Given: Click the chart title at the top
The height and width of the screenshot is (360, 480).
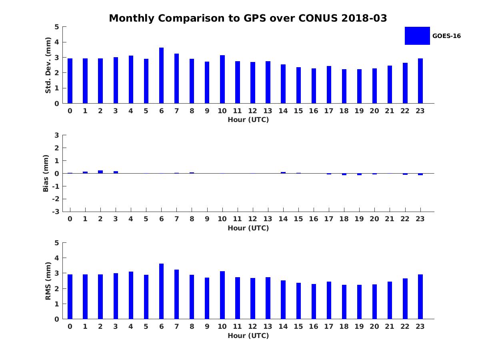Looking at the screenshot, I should pos(248,18).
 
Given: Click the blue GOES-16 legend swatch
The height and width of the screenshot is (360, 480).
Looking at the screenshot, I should pos(417,36).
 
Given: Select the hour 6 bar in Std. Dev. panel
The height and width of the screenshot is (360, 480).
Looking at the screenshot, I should pos(161,76).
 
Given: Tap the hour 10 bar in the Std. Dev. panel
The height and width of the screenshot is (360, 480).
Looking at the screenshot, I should pos(222,79).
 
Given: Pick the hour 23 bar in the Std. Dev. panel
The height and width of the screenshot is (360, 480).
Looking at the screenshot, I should pos(420,81).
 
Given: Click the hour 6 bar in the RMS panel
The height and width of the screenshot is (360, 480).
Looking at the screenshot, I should pos(161,291).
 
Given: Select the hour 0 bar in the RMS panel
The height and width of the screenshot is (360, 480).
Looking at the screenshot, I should pos(70,297).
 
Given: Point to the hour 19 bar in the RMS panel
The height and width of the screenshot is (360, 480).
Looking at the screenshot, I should pos(359,302).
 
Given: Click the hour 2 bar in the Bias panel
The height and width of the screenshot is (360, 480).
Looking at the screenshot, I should pos(100,172).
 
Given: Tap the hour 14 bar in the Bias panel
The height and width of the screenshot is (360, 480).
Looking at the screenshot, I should pos(283,172).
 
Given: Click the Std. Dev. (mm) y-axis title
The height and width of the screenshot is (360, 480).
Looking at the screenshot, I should pos(48,65).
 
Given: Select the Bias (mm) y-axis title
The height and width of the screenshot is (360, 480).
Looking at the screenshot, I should pos(46,173).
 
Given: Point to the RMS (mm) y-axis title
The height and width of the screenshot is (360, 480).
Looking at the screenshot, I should pos(48,281).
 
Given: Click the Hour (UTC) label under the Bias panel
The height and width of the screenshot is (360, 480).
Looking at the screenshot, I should pos(248,228).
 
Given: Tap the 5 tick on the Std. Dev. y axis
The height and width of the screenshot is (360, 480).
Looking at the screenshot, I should pos(57,27).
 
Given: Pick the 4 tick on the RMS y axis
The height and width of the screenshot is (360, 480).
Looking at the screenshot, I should pos(57,258).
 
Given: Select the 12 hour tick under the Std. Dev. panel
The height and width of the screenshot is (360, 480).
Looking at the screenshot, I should pos(253,111).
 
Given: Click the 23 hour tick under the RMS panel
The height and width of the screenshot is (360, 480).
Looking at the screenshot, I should pos(420,326).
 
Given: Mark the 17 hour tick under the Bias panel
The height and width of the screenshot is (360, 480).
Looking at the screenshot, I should pos(329,219).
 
